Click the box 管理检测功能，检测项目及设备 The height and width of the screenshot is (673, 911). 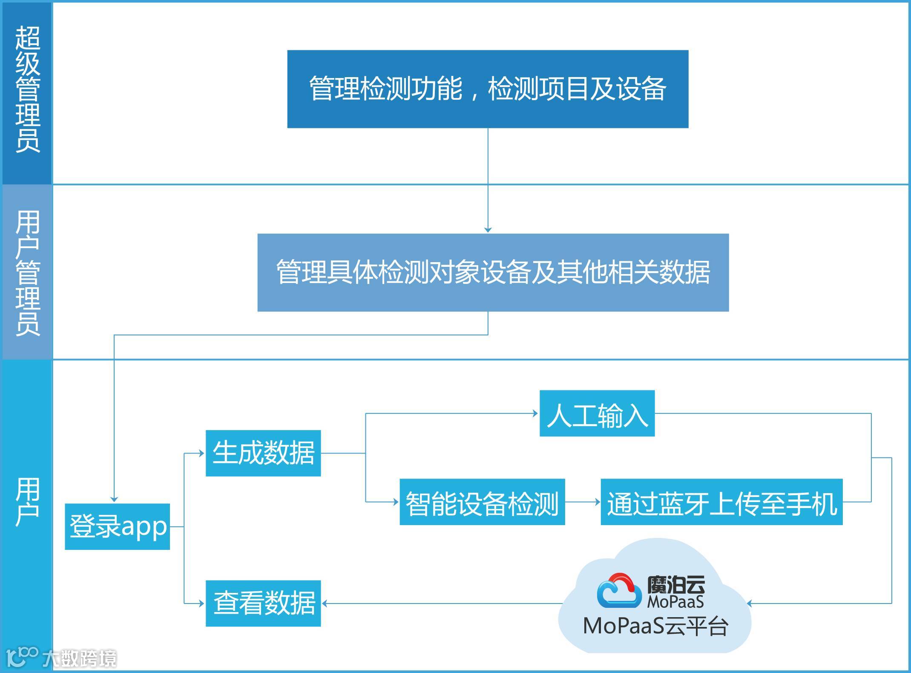488,89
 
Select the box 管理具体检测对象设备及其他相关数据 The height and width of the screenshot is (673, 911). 493,272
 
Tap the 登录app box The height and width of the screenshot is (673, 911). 118,526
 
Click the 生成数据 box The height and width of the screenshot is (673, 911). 263,453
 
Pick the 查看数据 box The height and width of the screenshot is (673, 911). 263,603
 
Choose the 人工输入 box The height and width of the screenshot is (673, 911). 597,413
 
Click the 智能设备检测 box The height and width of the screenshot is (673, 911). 482,502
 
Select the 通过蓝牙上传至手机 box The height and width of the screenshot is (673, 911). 721,502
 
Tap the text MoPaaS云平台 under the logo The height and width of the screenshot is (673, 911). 655,626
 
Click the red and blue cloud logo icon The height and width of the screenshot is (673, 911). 619,590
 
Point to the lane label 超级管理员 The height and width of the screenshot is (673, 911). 27,90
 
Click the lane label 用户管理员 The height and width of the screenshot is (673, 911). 27,273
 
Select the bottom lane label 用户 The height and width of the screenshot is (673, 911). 27,502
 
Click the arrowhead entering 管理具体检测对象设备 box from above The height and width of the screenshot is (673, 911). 488,230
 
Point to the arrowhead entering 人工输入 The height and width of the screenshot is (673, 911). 535,413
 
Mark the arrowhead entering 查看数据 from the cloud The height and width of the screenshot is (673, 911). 325,604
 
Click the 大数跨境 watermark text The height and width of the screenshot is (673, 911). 79,659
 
